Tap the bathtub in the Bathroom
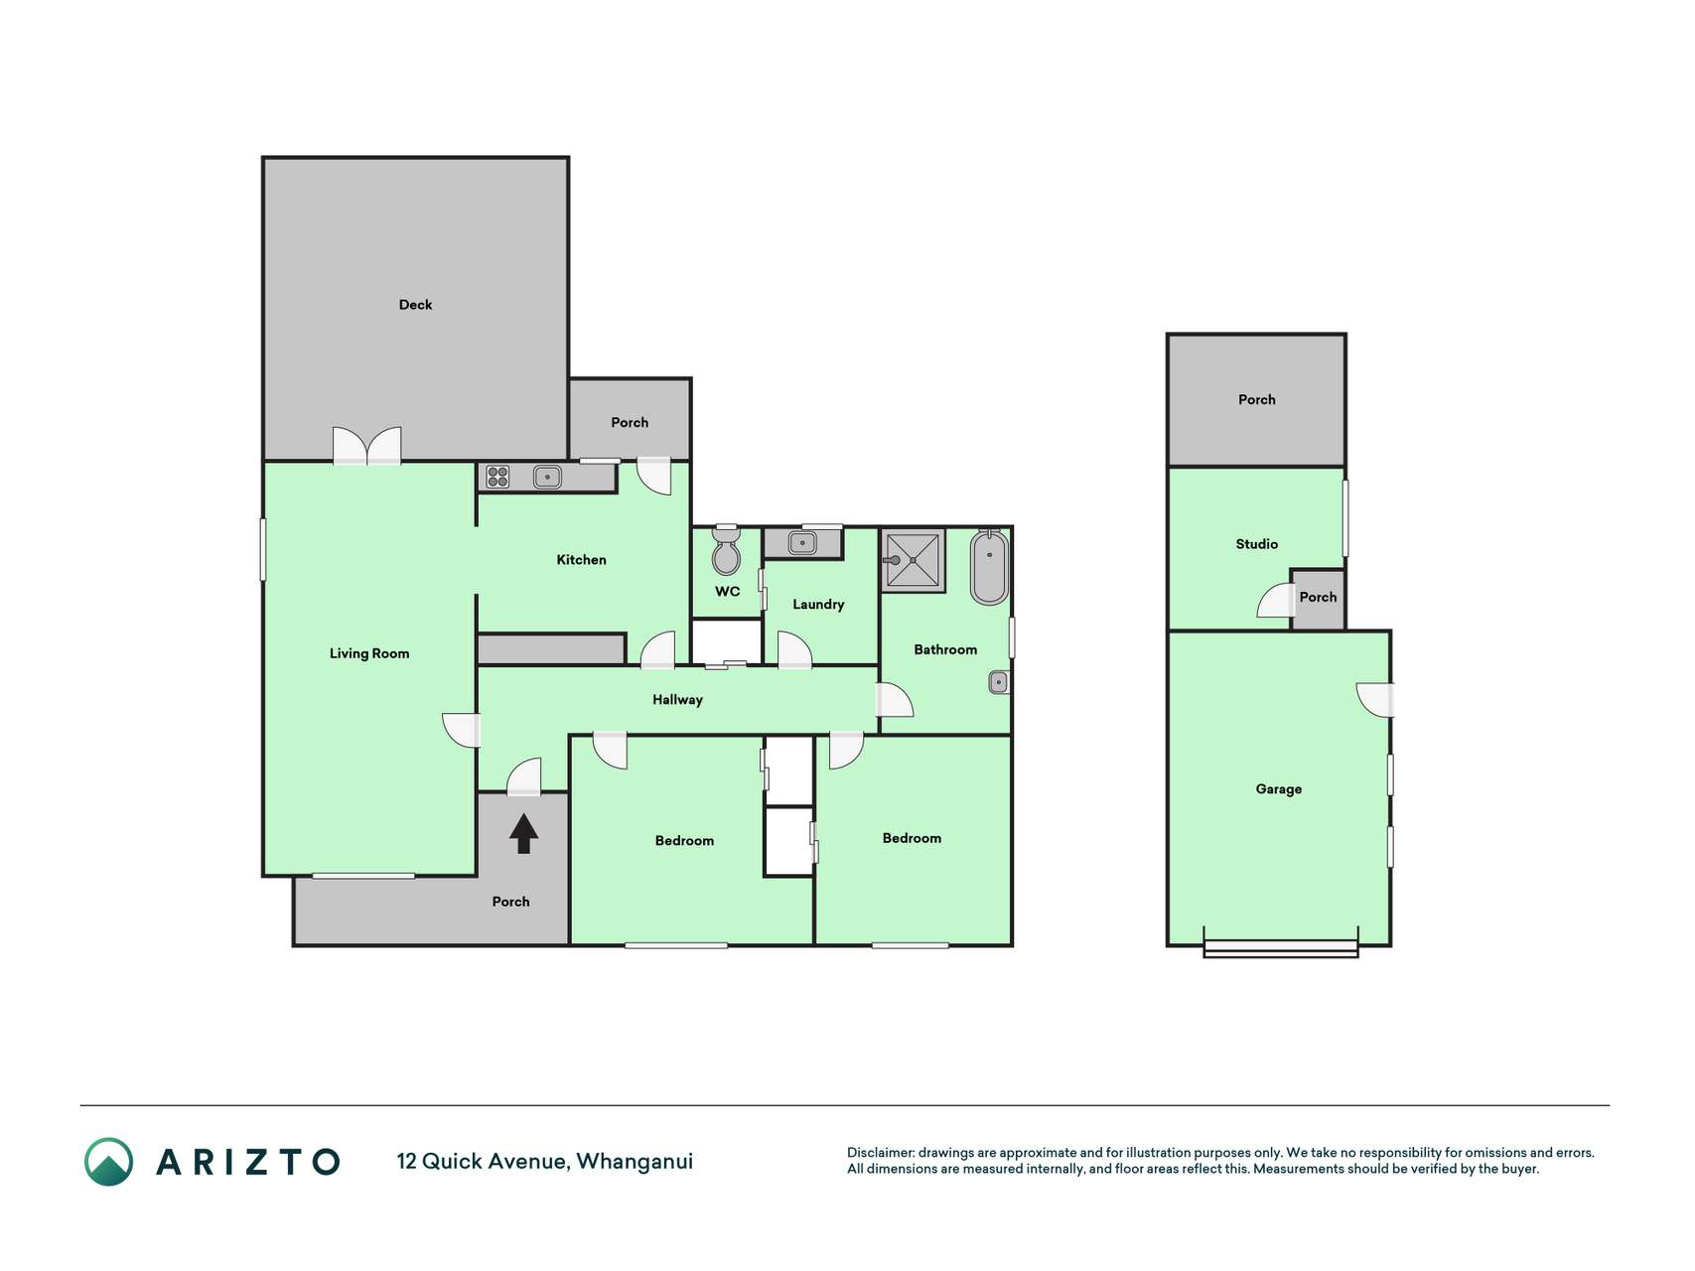coord(989,567)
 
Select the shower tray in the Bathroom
coord(913,560)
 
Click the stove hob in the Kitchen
coord(497,477)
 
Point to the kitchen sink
coord(547,477)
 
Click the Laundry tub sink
coord(802,543)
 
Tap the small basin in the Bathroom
coord(999,682)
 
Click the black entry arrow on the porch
coord(523,833)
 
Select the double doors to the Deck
coord(367,446)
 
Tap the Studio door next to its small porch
coord(1276,601)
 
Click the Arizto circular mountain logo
coord(108,1162)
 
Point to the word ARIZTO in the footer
coord(248,1162)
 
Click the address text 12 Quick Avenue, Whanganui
coord(545,1162)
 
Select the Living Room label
coord(369,653)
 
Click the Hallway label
coord(677,700)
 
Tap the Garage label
coord(1279,789)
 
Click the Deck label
coord(415,305)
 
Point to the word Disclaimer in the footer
coord(880,1153)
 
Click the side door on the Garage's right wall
coord(1376,700)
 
